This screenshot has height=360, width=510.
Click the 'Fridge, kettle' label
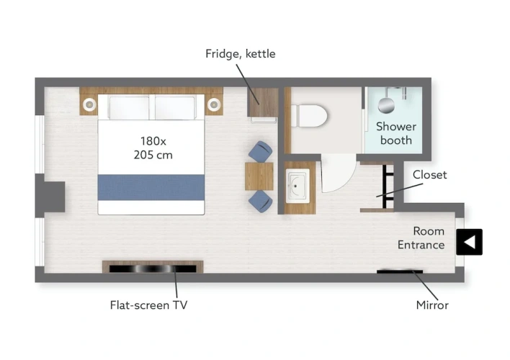[x=241, y=54]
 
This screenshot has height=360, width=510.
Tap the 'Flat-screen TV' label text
[x=148, y=305]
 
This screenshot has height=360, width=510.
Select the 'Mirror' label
[x=432, y=305]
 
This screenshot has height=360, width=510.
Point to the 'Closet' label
[x=429, y=175]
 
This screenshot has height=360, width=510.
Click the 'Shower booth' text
[x=396, y=133]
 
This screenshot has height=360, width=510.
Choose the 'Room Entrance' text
[x=421, y=238]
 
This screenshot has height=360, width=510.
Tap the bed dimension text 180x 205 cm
[x=153, y=148]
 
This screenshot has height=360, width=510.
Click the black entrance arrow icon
[x=469, y=242]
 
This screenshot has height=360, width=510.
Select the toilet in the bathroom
[x=309, y=116]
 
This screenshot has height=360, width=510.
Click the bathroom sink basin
[x=297, y=186]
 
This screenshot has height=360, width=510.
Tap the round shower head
[x=386, y=105]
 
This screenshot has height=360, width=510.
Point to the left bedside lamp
[x=89, y=104]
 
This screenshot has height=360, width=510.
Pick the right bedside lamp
[x=214, y=104]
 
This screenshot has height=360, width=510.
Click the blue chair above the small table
[x=261, y=151]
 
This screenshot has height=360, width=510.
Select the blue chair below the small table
[x=261, y=202]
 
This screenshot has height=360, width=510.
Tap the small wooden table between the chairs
[x=259, y=176]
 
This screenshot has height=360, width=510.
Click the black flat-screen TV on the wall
[x=153, y=269]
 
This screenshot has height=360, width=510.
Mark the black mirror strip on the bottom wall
[x=400, y=271]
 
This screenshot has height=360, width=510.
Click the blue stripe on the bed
[x=151, y=187]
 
